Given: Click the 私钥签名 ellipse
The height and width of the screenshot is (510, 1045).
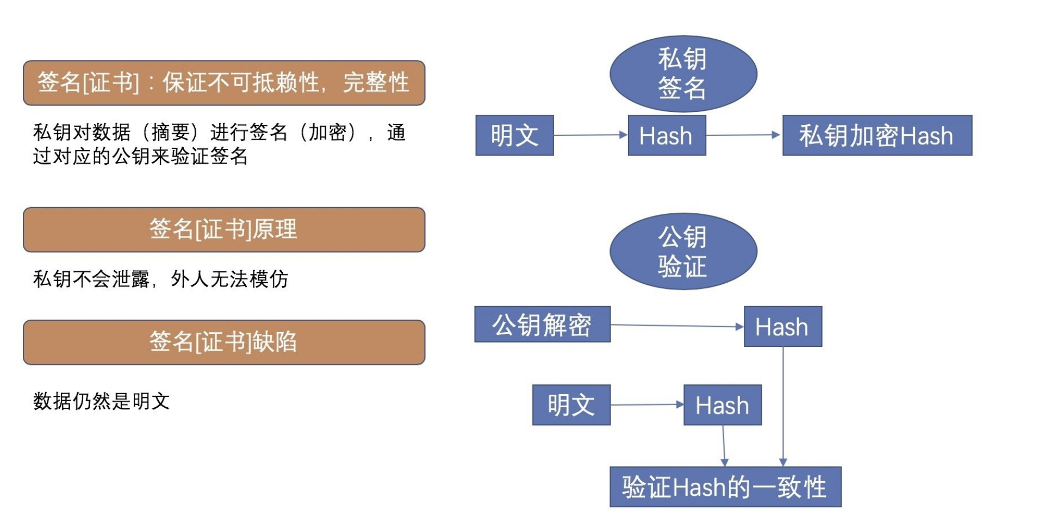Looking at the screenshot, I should [683, 73].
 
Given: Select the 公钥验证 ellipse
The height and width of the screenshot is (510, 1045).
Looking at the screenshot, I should [683, 251].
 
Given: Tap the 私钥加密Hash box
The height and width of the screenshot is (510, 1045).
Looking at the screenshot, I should [876, 135].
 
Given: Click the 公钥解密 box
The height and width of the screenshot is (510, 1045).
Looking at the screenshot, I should [542, 325].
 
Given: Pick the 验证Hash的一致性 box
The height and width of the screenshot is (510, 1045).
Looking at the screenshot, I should [725, 487].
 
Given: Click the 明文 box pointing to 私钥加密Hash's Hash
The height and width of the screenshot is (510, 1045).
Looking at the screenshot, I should [514, 135].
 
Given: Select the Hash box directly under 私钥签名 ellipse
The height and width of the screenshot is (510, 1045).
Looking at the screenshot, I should [667, 135].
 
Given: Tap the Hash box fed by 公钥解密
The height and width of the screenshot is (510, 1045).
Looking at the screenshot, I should [782, 327].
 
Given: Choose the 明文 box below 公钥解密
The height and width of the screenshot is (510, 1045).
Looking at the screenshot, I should [571, 405].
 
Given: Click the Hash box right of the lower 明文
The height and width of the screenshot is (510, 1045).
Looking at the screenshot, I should [722, 405].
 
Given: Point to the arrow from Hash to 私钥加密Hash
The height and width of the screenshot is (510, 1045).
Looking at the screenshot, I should [744, 135].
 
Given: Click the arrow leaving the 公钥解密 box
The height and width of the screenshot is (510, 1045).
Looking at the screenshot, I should [677, 326].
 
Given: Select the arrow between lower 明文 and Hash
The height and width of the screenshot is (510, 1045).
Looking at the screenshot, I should [647, 405].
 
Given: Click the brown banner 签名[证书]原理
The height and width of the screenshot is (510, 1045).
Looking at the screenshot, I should [223, 229].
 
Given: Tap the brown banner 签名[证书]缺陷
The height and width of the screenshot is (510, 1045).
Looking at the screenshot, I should [223, 342].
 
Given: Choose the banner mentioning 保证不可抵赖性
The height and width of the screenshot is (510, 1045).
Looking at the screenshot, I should [223, 83].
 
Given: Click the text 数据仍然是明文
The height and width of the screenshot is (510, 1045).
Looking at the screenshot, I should [102, 401].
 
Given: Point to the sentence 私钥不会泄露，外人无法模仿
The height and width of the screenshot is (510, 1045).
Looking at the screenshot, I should [160, 279].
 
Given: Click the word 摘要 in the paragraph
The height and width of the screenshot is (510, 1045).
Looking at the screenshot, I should [170, 132].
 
